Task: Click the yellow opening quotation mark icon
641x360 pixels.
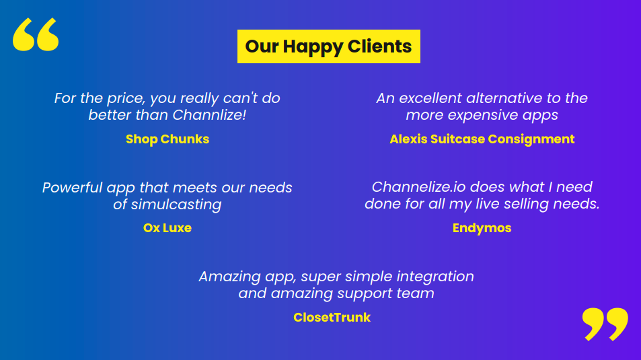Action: click(36, 34)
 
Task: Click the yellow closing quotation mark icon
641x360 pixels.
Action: click(605, 324)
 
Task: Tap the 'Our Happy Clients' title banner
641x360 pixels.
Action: click(329, 46)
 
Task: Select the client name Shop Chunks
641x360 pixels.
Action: click(167, 139)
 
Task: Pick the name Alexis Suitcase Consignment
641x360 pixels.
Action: click(482, 139)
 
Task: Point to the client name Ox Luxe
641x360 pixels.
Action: click(167, 228)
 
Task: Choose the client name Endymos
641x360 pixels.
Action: click(482, 228)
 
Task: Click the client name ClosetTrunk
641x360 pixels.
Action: click(332, 318)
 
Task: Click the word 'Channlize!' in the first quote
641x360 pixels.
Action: click(209, 115)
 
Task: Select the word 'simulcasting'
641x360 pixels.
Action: click(176, 205)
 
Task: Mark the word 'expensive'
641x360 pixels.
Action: click(482, 115)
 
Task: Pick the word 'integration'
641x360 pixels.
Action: click(435, 277)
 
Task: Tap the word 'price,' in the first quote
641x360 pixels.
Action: click(126, 99)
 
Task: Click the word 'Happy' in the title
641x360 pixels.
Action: click(313, 46)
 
